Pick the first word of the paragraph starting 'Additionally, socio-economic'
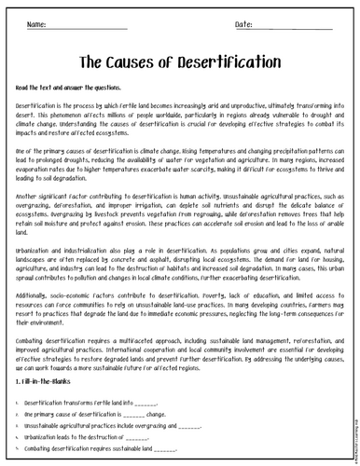tap(35, 293)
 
